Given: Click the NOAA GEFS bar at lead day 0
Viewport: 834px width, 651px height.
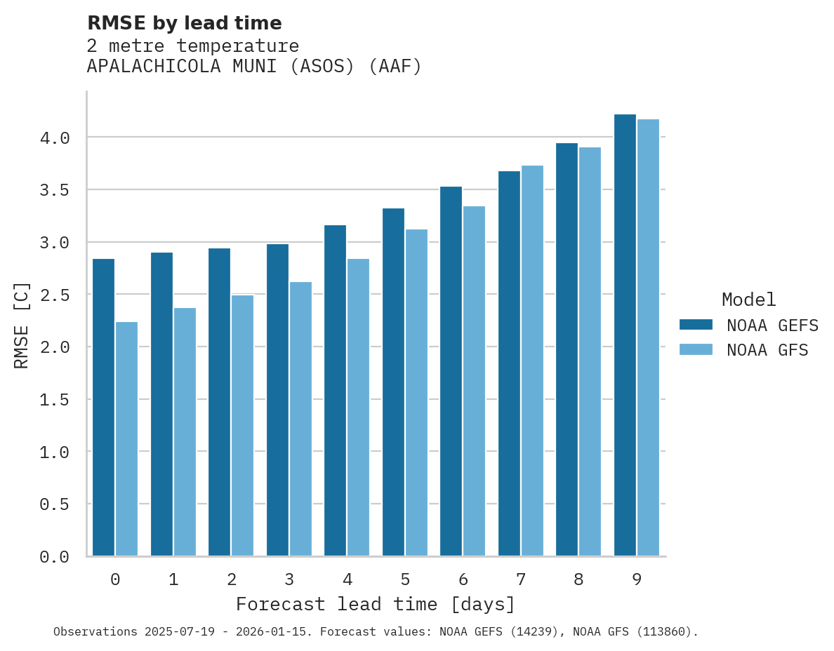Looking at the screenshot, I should click(103, 407).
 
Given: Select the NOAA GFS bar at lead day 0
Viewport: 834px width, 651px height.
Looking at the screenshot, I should click(126, 438).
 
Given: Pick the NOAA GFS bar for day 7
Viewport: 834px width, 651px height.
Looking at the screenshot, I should click(532, 361).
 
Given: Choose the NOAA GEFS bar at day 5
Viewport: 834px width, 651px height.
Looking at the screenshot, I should click(393, 382).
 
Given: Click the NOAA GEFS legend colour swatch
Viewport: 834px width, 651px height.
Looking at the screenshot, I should click(696, 325).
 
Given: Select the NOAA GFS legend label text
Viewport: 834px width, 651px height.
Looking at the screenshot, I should click(767, 350).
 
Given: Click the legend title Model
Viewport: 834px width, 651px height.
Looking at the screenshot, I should click(748, 300).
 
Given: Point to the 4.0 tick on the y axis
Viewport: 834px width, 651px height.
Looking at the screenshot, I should click(55, 138).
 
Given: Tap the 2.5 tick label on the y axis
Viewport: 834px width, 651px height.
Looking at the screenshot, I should click(55, 295).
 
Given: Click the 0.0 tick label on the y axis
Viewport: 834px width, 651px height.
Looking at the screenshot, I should click(55, 557).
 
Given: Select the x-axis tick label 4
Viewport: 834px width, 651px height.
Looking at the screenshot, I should click(347, 579).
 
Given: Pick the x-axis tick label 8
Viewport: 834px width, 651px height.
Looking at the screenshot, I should click(578, 579).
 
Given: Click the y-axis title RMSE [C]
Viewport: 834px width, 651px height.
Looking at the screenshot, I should click(22, 325).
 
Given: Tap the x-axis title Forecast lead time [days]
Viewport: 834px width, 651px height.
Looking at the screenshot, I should click(376, 604).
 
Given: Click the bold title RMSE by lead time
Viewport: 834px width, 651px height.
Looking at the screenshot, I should click(184, 23).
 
